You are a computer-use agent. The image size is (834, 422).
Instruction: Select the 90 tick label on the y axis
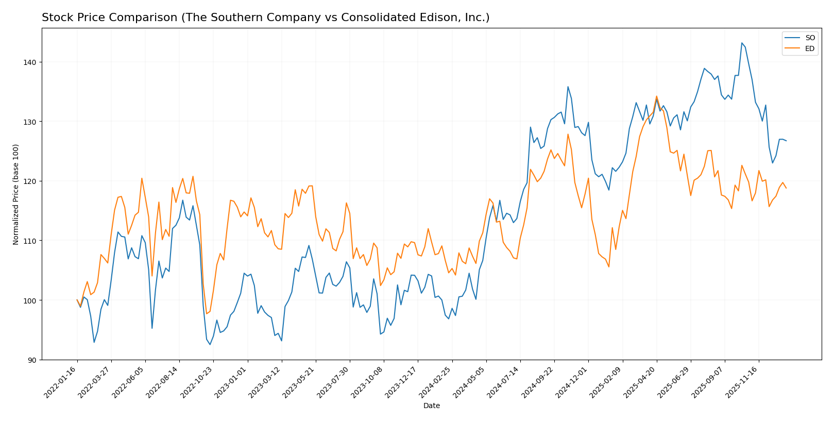pos(32,360)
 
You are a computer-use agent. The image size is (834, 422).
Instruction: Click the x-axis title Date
pos(431,406)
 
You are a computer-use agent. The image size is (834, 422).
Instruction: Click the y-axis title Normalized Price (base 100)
pos(16,194)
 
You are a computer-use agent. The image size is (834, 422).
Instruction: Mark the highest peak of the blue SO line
pos(742,43)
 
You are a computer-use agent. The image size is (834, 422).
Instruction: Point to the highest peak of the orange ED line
pos(656,96)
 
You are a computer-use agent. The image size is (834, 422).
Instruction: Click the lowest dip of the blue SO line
pos(210,344)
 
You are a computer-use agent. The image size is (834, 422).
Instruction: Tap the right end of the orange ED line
pos(786,188)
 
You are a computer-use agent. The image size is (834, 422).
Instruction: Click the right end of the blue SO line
pos(786,141)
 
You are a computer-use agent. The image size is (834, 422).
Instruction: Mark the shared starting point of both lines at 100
pos(77,300)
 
